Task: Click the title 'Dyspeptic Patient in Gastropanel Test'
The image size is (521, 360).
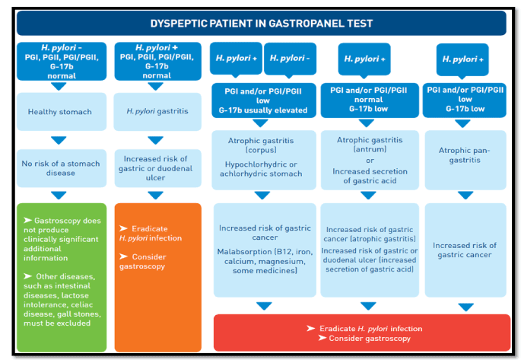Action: [261, 24]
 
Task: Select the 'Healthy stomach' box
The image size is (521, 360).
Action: [62, 112]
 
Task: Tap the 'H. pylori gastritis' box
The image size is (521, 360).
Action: [157, 111]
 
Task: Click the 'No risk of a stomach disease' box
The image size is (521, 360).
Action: [62, 168]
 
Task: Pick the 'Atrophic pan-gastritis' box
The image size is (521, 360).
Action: [465, 160]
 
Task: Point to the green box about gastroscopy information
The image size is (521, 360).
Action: [62, 278]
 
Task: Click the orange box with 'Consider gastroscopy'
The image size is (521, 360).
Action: [158, 278]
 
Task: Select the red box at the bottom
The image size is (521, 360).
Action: [362, 333]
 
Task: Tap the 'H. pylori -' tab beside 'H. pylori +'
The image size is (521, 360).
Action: [290, 59]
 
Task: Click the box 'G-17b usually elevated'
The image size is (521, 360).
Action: [264, 100]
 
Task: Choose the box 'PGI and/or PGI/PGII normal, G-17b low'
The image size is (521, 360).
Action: [370, 100]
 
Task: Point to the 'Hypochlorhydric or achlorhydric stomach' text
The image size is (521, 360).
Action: [261, 169]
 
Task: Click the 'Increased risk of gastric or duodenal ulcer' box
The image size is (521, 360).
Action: [158, 168]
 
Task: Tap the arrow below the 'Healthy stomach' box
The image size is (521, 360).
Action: [59, 140]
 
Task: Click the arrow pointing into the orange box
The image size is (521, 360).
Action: [155, 195]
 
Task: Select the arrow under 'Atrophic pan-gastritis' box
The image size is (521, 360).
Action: [465, 195]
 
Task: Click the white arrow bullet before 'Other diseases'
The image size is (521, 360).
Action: [28, 276]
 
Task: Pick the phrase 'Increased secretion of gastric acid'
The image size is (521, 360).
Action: [370, 176]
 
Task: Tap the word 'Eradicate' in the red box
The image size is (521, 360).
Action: [337, 329]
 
